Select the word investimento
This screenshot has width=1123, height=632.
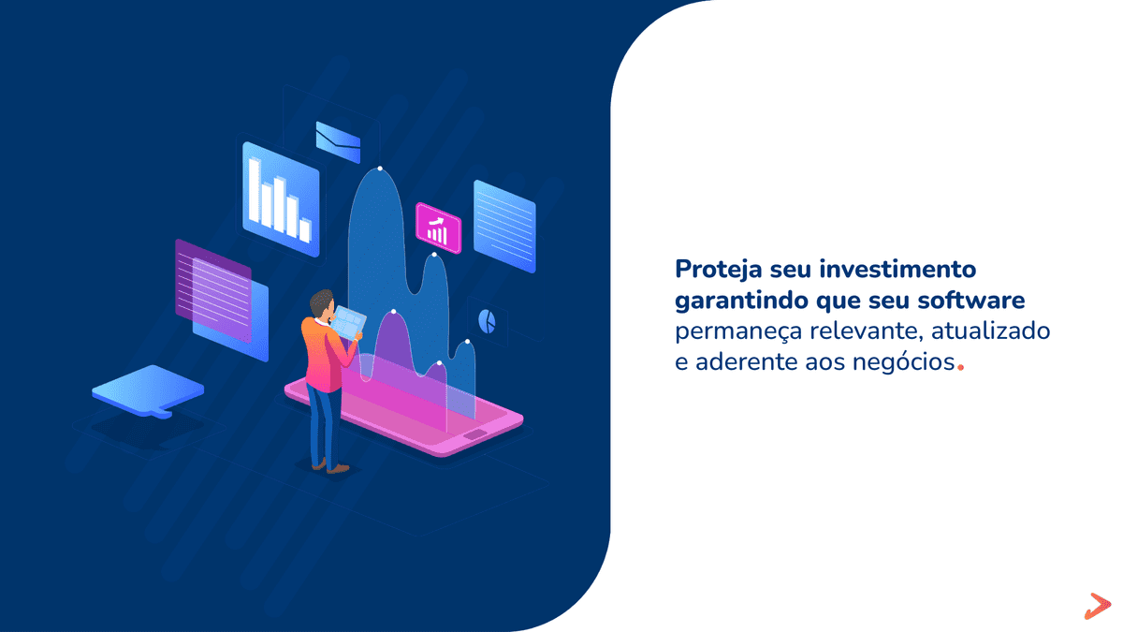coord(897,270)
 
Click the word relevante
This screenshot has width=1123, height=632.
coord(860,331)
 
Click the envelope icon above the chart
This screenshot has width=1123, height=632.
coord(338,141)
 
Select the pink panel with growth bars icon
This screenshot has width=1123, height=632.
coord(438,228)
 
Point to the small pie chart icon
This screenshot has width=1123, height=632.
coord(487,321)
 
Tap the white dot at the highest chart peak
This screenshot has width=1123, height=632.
coord(380,169)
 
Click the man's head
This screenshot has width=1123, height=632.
coord(322,303)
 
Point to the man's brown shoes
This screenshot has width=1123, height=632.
coord(329,465)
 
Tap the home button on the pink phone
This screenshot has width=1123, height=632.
coord(475,435)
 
